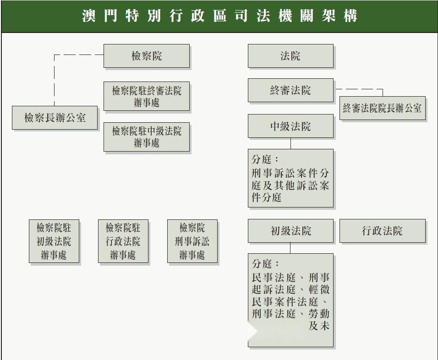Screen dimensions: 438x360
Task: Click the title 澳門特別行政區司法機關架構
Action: pos(219,16)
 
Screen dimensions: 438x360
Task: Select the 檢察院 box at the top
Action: pos(147,56)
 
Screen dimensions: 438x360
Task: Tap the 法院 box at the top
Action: pos(290,56)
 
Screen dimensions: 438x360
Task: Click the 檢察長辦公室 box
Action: pos(55,118)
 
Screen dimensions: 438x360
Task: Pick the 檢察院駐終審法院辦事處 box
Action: pos(147,96)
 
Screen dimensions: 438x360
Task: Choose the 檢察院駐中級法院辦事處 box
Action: pos(147,137)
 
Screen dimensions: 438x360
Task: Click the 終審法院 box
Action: pos(290,90)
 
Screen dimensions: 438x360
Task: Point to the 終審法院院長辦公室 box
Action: pos(383,108)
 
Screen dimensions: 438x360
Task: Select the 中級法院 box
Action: pos(290,126)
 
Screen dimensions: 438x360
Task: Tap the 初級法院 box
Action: pos(290,231)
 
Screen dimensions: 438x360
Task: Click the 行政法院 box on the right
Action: pos(383,231)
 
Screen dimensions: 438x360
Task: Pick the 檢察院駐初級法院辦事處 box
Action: pos(54,241)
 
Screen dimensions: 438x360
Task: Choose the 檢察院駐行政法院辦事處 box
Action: pos(123,241)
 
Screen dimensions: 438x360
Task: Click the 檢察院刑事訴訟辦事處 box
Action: pos(192,241)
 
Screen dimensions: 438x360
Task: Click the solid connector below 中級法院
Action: pos(290,143)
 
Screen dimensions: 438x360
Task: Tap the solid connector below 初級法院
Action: pos(290,248)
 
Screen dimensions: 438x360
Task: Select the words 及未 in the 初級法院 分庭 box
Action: pos(319,326)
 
